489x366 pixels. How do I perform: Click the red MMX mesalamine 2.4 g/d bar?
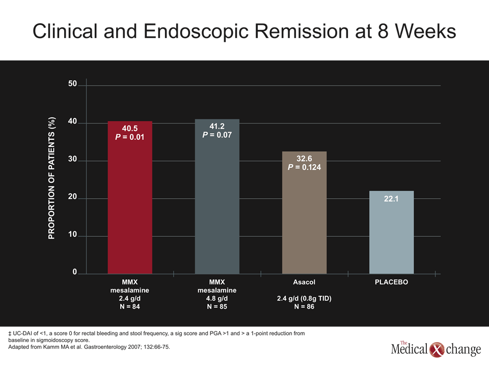point(130,198)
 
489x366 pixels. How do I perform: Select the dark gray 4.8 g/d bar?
point(217,196)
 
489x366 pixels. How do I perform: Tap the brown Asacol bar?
point(305,212)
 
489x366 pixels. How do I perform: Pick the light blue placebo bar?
point(391,232)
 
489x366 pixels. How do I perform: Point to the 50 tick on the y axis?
point(72,83)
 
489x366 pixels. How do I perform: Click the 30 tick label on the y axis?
point(72,159)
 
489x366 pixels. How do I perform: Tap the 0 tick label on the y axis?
point(74,271)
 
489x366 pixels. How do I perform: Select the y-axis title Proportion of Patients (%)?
point(51,178)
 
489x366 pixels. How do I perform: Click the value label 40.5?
point(130,128)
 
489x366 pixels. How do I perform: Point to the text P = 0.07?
point(217,135)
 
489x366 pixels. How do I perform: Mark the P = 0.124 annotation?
point(305,167)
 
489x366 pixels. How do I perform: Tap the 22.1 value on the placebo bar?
point(391,199)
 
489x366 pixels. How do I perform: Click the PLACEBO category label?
point(391,282)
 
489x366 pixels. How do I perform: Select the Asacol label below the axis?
point(304,282)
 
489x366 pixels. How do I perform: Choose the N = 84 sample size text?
point(130,307)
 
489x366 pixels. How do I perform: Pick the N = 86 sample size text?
point(304,307)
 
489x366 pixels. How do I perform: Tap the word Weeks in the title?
point(425,31)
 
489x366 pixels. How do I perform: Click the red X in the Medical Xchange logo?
point(437,350)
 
